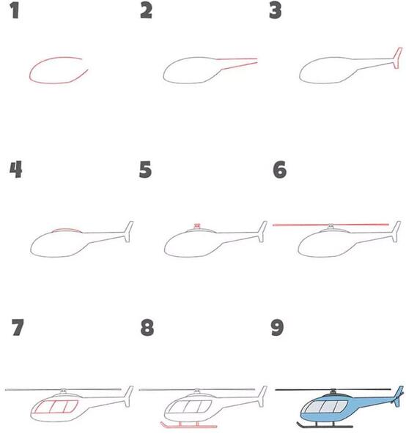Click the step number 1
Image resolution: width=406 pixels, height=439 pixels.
coord(15,10)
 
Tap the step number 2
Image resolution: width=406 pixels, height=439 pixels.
coord(146,10)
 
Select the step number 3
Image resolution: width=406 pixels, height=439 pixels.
coord(275,10)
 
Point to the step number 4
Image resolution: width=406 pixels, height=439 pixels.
coord(15,170)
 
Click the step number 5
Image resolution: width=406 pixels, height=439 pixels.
coord(146,170)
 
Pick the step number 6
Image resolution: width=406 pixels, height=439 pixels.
coord(279,170)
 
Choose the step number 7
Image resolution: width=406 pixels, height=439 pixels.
coord(18,327)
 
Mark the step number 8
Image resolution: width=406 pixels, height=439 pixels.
coord(147,327)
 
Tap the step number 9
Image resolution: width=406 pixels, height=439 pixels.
coord(277,327)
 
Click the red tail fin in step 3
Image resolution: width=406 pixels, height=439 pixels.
coord(398,58)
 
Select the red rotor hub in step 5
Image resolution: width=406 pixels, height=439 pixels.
coord(197,225)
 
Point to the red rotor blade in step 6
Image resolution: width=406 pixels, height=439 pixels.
coord(331,225)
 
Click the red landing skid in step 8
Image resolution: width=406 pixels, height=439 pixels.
coord(188,427)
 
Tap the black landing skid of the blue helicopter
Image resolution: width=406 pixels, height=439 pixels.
coord(325,426)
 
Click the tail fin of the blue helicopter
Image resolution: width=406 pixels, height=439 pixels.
coord(399,396)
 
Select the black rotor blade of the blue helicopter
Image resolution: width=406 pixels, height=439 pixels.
coord(333,389)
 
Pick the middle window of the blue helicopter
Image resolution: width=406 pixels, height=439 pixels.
coord(327,406)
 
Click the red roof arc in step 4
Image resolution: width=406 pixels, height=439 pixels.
coord(67,230)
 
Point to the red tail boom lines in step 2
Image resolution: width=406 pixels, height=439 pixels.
coord(237,63)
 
